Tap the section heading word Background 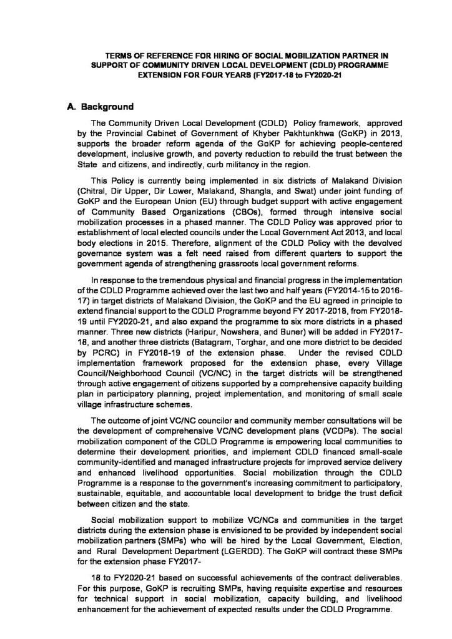pyautogui.click(x=103, y=106)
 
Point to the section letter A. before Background pyautogui.click(x=71, y=106)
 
